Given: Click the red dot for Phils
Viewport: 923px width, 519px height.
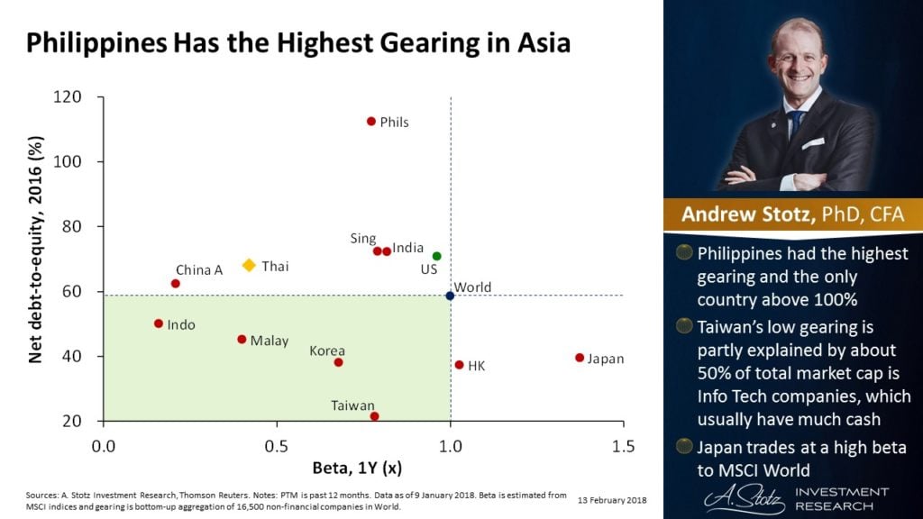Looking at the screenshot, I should tap(370, 122).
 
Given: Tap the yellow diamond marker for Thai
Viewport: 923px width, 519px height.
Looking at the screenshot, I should tap(250, 266).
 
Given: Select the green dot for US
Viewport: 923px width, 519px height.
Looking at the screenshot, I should tap(437, 257).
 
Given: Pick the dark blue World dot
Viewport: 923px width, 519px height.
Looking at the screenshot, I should tap(451, 296).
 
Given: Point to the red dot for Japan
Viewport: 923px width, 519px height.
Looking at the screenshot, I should tap(580, 358).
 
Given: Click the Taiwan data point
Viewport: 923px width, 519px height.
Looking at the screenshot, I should tap(375, 416).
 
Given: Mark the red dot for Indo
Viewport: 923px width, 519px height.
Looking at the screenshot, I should tap(159, 323).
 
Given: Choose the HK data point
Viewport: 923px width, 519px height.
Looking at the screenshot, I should tap(460, 365).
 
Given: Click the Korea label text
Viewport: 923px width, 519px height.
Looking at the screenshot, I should tap(327, 350).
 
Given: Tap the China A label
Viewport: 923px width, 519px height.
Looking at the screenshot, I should tap(199, 269).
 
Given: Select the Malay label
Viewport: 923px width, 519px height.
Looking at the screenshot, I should tap(270, 341).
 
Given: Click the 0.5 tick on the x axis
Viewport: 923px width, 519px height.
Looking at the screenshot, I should tap(277, 446).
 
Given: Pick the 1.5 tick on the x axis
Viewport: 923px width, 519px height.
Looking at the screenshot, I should tap(623, 446).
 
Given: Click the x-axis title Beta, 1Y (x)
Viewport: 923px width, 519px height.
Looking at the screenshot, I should tap(358, 469).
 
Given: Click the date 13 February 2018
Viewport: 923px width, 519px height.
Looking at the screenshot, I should tap(612, 498).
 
